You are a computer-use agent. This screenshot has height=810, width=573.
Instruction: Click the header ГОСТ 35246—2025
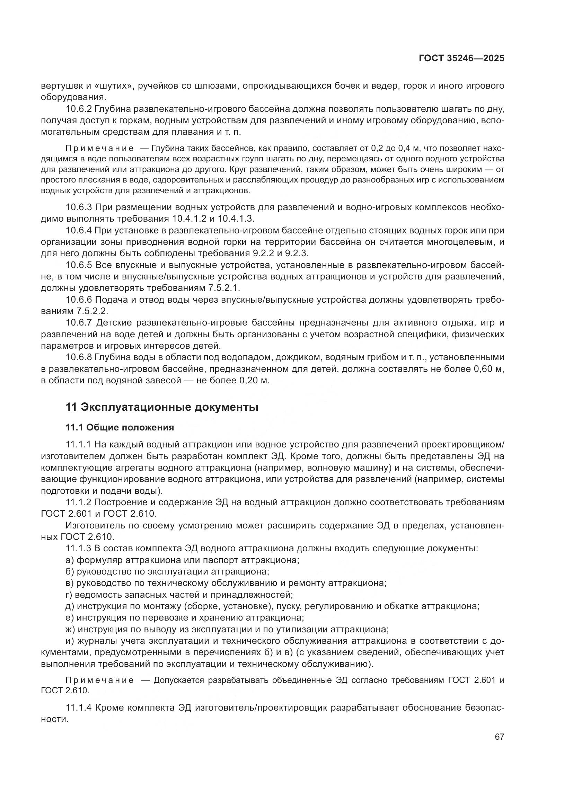(461, 59)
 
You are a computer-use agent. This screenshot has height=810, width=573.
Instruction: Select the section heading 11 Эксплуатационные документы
(162, 407)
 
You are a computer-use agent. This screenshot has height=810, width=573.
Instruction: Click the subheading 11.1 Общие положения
(120, 428)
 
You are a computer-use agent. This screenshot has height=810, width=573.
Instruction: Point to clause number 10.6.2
(79, 109)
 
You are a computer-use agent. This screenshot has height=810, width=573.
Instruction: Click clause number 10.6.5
(79, 265)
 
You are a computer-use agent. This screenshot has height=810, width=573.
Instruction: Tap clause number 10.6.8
(79, 357)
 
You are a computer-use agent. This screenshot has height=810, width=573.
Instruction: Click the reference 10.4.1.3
(236, 219)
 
